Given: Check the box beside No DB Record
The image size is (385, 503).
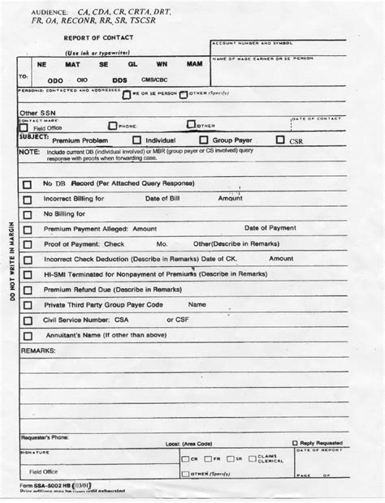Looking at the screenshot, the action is pyautogui.click(x=27, y=184).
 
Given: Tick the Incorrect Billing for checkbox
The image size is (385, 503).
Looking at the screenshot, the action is pyautogui.click(x=27, y=200).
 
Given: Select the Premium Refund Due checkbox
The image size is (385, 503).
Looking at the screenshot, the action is pyautogui.click(x=27, y=290).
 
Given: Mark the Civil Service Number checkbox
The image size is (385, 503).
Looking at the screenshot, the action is pyautogui.click(x=27, y=321).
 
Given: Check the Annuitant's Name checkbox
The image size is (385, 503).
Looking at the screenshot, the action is pyautogui.click(x=27, y=336).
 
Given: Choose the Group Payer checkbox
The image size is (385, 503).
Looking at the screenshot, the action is pyautogui.click(x=204, y=140).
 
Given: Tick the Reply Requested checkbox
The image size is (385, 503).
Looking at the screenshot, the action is pyautogui.click(x=295, y=443).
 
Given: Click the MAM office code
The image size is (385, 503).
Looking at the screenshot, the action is pyautogui.click(x=194, y=62).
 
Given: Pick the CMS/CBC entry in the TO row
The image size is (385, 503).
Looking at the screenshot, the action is pyautogui.click(x=155, y=80).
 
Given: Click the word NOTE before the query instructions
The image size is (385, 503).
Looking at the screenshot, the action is pyautogui.click(x=28, y=152).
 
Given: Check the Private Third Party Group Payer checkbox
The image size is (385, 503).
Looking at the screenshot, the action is pyautogui.click(x=27, y=306).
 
